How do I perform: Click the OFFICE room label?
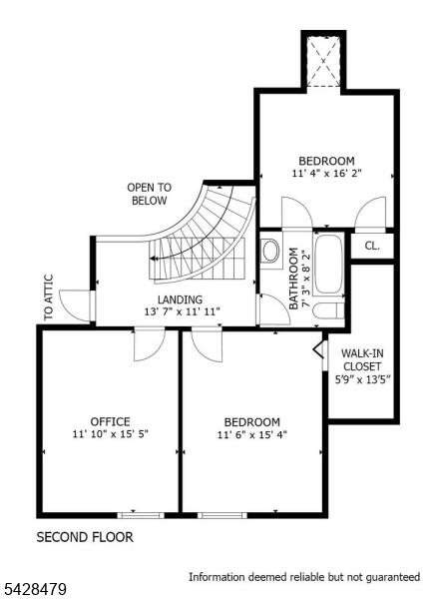tap(110, 421)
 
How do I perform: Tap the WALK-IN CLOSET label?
tap(362, 359)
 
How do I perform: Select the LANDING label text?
tap(180, 299)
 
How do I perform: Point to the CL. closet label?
tap(372, 246)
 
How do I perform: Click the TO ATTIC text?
tap(49, 298)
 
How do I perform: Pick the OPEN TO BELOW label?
tap(150, 194)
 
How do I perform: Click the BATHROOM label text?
tap(293, 279)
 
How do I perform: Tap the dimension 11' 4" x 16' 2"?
tap(326, 173)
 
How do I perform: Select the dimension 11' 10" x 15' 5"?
tap(110, 434)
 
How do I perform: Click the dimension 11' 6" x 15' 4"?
tap(251, 434)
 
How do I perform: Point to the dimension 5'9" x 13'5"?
tap(362, 379)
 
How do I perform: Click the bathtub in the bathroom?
tap(328, 264)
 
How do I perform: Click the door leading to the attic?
tap(75, 305)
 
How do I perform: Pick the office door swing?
tap(150, 344)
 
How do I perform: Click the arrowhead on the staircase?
tap(153, 259)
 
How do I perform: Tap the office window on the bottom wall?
tap(141, 515)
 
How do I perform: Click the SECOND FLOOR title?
tap(85, 537)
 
